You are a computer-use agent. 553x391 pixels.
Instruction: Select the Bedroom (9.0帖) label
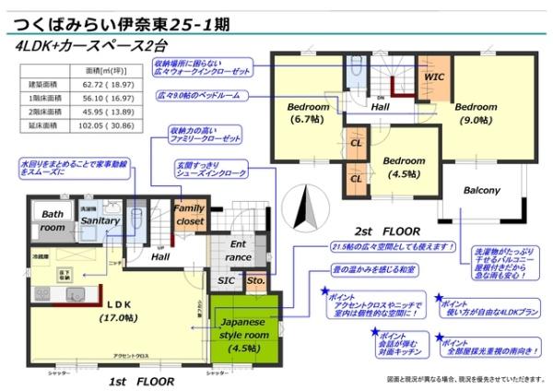coord(476,112)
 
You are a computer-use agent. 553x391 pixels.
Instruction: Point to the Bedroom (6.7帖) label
coord(307,112)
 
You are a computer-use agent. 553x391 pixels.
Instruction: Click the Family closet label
coord(189,216)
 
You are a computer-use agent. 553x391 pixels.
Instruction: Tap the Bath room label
coord(53,221)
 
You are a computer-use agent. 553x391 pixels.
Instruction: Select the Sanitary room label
coord(100,221)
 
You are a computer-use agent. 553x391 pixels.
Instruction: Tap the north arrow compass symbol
coord(309,206)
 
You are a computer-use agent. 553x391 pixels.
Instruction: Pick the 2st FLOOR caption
coord(386,227)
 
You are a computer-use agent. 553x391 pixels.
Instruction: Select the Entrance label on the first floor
coord(239,250)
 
